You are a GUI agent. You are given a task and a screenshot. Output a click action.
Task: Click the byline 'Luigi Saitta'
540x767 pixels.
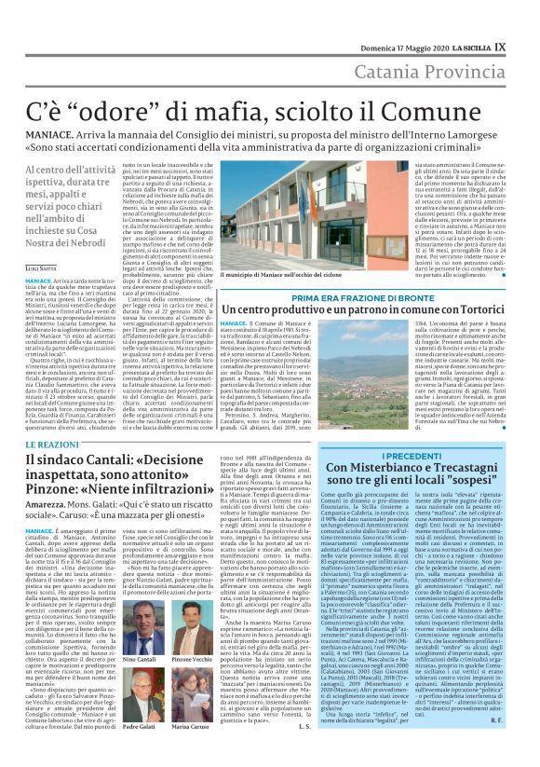(40, 267)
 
